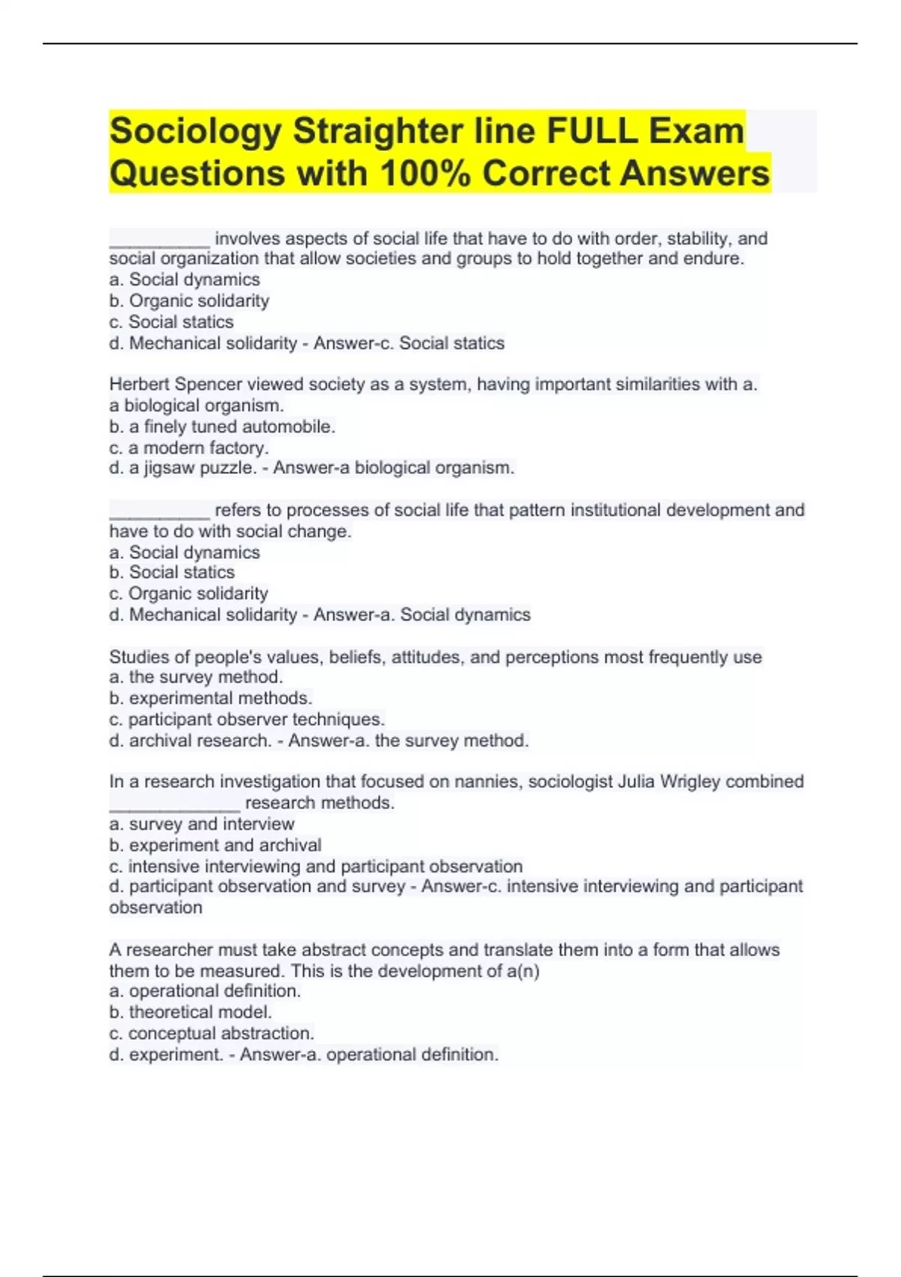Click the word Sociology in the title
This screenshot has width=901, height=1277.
195,131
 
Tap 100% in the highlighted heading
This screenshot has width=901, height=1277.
426,174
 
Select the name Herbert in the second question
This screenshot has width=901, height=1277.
140,385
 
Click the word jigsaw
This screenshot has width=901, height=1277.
170,468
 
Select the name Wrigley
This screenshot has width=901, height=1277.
689,782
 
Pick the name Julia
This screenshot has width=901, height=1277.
636,782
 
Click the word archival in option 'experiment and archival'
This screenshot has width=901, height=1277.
290,845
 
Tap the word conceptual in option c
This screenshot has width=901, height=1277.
172,1033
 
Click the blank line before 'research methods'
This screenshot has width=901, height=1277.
174,808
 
